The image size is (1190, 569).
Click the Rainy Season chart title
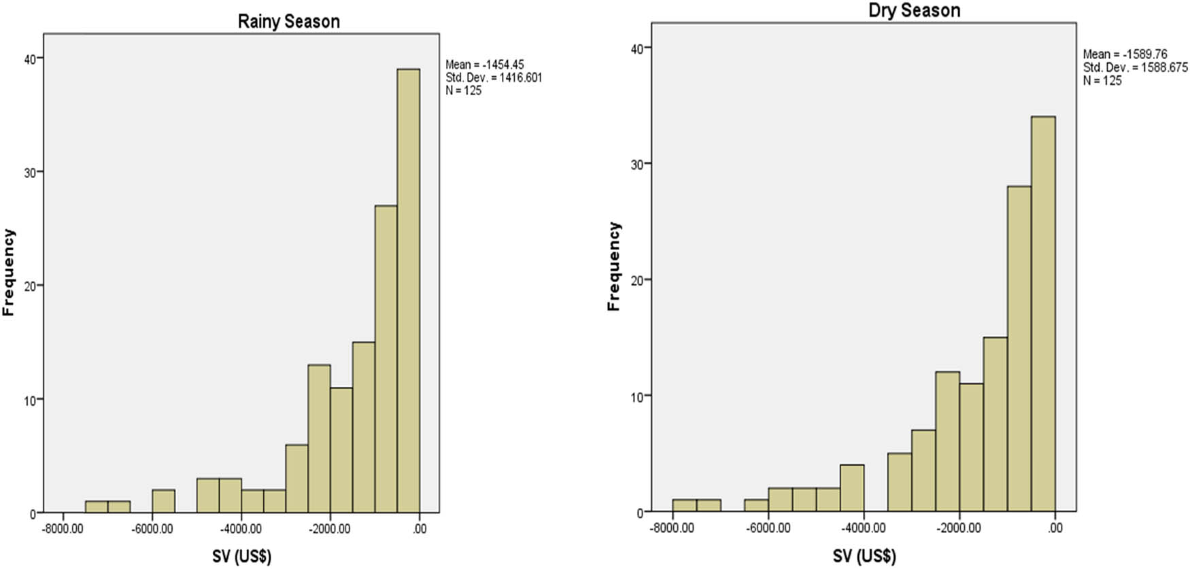tap(288, 22)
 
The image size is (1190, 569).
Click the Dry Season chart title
tap(914, 11)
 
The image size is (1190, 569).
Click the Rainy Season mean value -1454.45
tap(503, 65)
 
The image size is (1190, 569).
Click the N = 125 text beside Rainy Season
tap(463, 90)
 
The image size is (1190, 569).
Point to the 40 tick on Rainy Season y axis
tap(30, 59)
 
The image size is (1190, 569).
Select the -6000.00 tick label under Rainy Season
tap(152, 529)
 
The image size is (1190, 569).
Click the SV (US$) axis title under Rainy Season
tap(241, 556)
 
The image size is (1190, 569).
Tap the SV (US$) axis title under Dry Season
tap(864, 556)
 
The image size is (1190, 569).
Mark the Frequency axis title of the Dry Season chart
tap(614, 266)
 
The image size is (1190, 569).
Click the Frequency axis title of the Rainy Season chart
tap(9, 272)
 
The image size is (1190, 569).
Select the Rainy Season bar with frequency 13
tap(319, 438)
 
